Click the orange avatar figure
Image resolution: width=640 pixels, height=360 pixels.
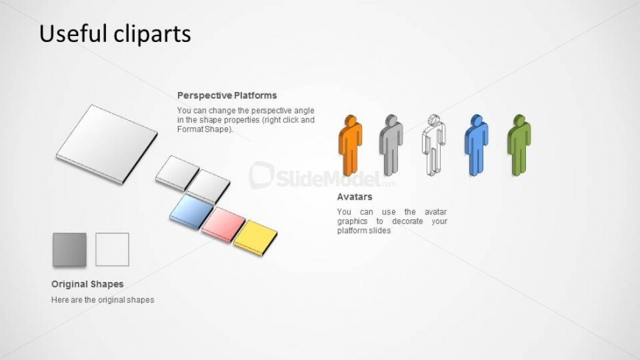pos(350,145)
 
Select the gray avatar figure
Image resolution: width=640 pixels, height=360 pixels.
pos(391,145)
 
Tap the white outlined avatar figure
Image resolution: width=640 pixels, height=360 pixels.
pos(433,145)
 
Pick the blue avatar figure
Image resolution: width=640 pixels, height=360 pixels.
pos(476,145)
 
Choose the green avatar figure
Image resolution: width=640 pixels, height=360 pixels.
pos(519,145)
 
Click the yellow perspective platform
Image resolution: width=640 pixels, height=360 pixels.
pos(255,238)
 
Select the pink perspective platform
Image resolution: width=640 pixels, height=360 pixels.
pos(224,225)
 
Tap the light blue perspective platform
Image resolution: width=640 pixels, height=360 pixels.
pos(191,211)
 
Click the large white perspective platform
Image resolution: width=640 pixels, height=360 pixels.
pos(107,144)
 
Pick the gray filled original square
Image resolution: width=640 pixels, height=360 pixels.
pos(69,250)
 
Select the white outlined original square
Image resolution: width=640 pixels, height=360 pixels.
pos(113,250)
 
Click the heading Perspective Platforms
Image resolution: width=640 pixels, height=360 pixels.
pos(227,96)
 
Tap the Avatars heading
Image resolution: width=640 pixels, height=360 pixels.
pos(355,197)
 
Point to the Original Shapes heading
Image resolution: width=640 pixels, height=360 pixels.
pos(88,284)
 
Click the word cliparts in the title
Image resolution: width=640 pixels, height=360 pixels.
pos(152,34)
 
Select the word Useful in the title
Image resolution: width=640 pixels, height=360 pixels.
pos(73,34)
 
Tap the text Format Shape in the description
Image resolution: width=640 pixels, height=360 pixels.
pos(204,130)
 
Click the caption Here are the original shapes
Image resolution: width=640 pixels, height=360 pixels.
pos(103,300)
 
